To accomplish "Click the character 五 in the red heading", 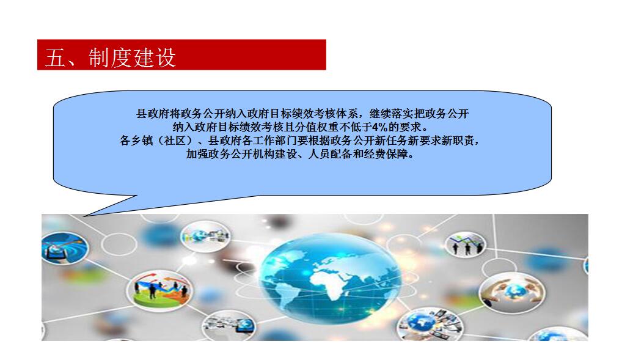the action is click(x=56, y=57).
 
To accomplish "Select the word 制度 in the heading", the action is click(x=109, y=57).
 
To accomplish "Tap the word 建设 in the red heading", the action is click(x=155, y=57).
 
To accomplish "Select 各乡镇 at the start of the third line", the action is click(x=136, y=141).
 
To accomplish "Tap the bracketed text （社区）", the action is click(x=175, y=141).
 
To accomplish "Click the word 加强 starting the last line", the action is click(x=197, y=154).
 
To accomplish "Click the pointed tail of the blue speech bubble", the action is click(x=84, y=215).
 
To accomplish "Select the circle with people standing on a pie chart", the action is click(x=159, y=290).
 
